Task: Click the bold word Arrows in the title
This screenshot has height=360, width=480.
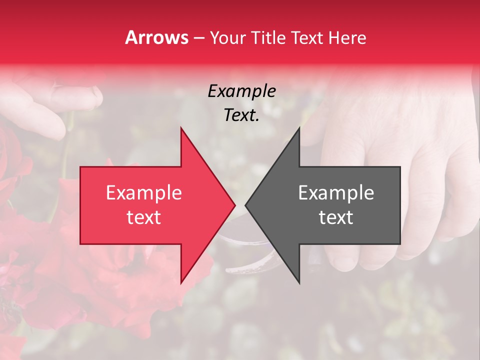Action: point(156,38)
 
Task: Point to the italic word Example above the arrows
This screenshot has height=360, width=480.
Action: point(242,91)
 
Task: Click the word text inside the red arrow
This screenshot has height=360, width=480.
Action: point(144,217)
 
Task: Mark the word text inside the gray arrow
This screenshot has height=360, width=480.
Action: point(336,217)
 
